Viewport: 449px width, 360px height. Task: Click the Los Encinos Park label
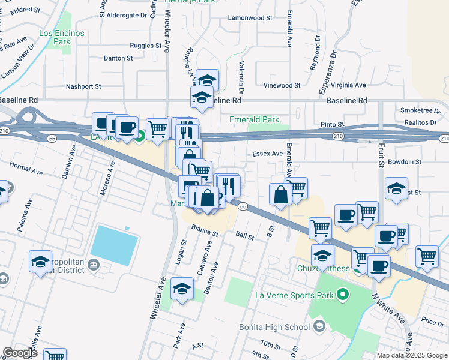61,37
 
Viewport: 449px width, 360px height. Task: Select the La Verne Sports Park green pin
343,294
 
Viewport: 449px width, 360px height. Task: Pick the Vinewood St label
282,86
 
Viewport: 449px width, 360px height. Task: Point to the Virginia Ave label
348,85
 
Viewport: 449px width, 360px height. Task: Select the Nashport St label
83,86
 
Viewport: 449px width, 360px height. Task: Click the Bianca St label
204,230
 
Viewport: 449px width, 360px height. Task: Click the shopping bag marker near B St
281,194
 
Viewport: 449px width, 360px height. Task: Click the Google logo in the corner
20,353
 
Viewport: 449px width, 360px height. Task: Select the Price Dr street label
432,322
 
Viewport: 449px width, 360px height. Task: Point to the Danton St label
118,58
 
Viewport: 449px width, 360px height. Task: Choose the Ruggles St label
145,45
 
